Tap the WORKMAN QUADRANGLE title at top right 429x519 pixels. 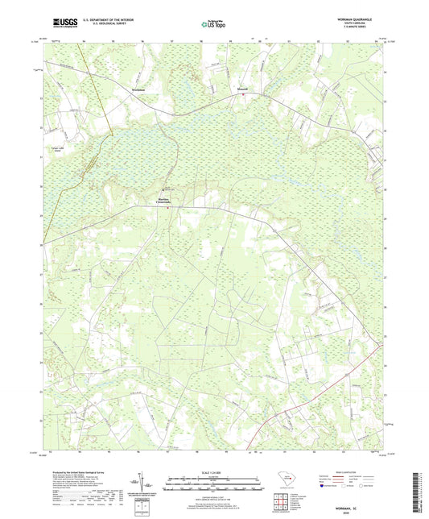(x=357, y=19)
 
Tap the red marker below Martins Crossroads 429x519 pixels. (x=167, y=207)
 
